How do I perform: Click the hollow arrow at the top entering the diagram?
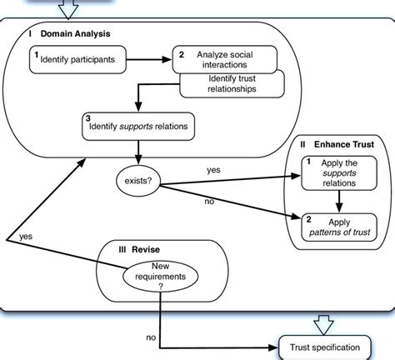(x=63, y=9)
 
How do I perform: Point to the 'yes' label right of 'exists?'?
(x=213, y=169)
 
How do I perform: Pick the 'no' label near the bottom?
(x=150, y=338)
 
